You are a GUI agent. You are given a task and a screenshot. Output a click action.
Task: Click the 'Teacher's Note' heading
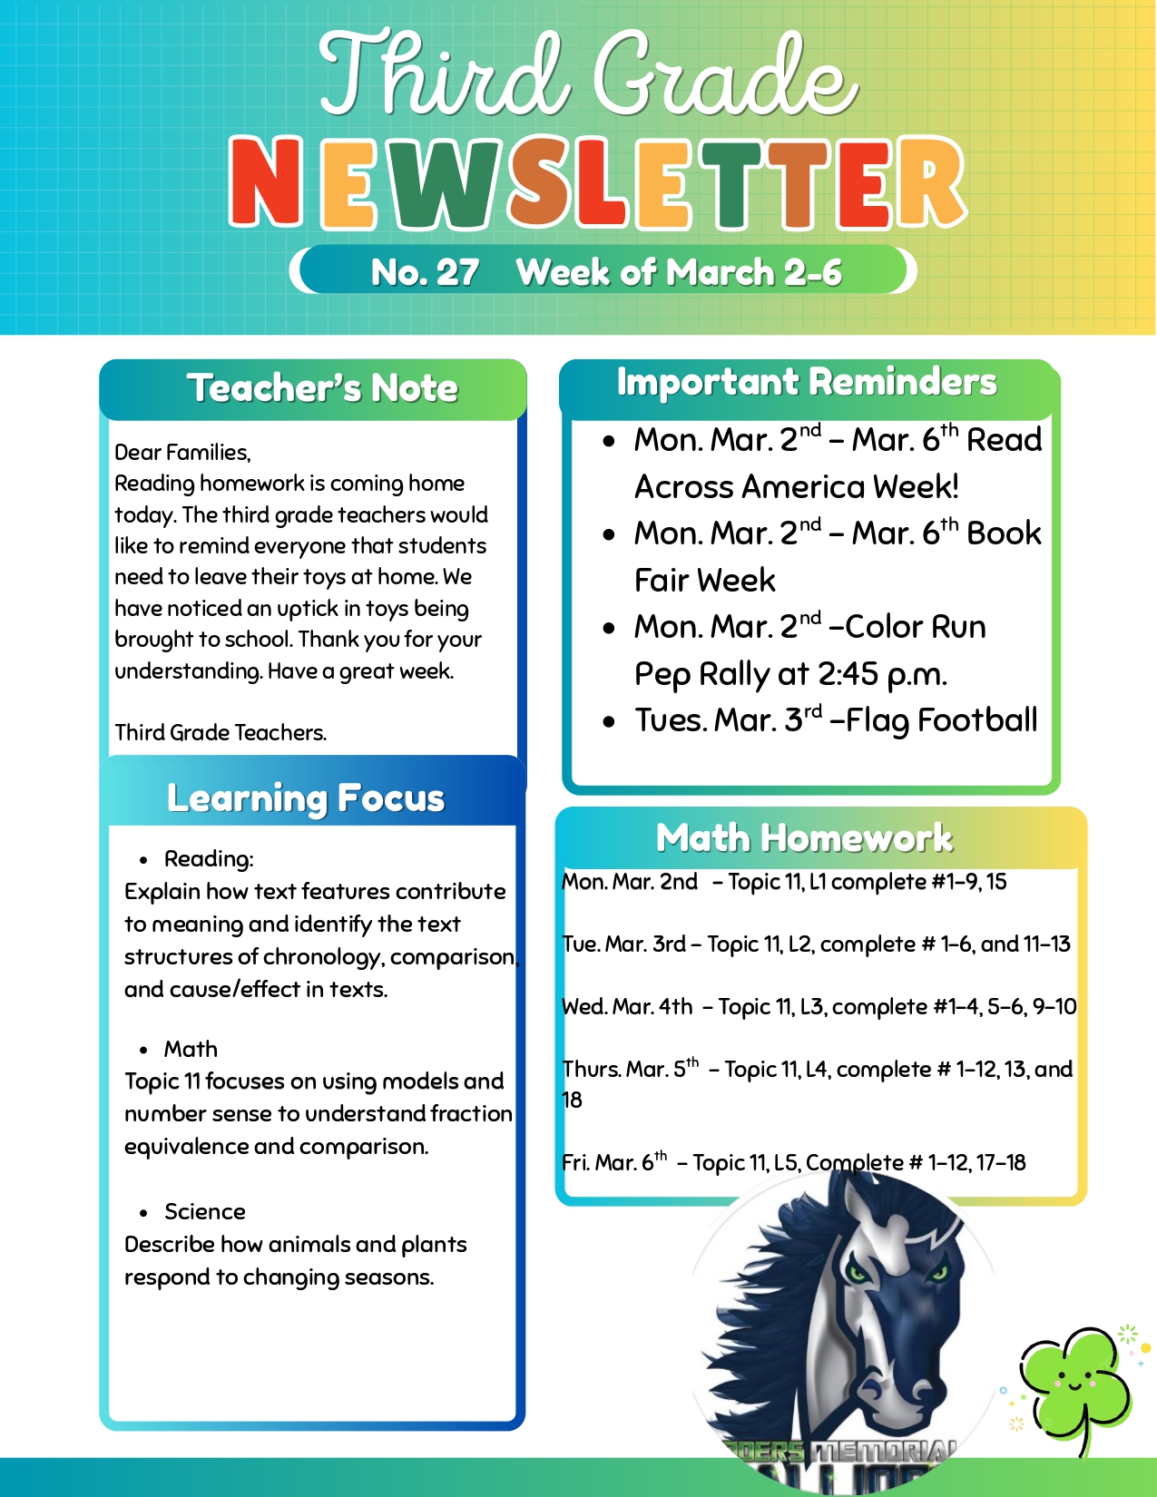(x=322, y=388)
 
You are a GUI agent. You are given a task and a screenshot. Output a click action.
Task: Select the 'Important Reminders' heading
(x=806, y=382)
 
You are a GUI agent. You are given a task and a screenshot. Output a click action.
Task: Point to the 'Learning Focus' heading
(x=306, y=798)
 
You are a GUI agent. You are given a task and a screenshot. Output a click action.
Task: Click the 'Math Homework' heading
(x=804, y=838)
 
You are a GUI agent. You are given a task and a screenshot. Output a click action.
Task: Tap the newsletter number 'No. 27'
(x=425, y=272)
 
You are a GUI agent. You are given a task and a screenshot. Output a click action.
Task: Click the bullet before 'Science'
(x=143, y=1213)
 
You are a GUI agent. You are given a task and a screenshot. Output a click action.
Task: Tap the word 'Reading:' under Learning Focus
(x=209, y=859)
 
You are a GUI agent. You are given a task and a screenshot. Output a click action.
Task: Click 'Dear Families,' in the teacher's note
(x=182, y=452)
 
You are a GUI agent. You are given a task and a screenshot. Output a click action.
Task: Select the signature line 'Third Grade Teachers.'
(x=221, y=732)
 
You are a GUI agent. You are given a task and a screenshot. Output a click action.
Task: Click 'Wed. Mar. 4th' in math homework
(x=627, y=1007)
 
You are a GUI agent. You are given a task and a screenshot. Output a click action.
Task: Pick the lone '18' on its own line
(x=572, y=1101)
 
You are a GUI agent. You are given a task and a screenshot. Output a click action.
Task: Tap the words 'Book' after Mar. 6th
(x=1004, y=533)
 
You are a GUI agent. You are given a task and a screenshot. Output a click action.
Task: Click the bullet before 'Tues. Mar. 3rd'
(x=610, y=722)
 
